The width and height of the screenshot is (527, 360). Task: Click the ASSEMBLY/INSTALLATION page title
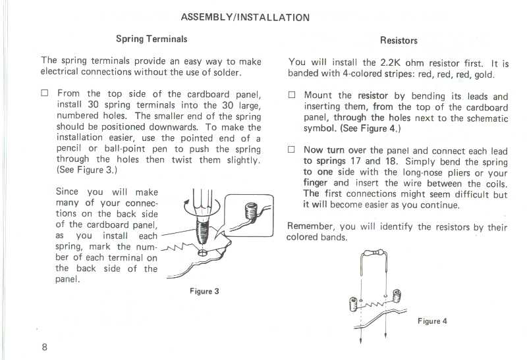244,18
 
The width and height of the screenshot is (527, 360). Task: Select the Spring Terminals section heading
152,39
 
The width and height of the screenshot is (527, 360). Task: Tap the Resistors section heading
399,41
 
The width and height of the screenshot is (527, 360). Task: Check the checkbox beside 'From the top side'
45,94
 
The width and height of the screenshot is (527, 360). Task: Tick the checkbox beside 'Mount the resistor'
292,96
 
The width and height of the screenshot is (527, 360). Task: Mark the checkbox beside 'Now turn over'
292,150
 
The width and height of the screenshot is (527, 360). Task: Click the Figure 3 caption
204,292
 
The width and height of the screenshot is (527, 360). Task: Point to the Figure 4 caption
432,321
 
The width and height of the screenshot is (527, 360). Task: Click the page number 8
44,347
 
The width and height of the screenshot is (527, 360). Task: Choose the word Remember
310,226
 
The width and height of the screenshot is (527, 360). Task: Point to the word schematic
486,118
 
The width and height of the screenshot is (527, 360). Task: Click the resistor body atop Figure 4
379,253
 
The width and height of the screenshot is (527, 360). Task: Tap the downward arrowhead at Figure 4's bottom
362,342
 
